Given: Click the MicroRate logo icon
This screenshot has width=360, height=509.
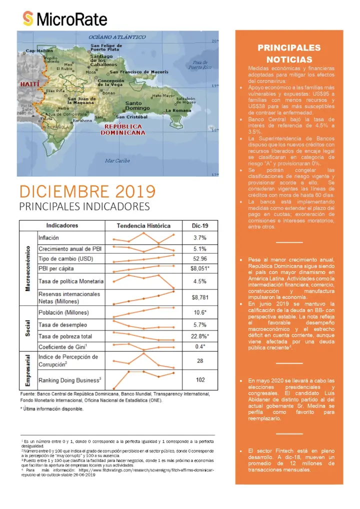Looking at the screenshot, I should (28, 19).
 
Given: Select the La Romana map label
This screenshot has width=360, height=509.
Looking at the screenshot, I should (178, 110).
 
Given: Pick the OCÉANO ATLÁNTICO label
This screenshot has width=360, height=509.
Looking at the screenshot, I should (117, 37).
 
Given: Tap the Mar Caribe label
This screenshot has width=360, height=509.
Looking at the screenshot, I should (117, 160).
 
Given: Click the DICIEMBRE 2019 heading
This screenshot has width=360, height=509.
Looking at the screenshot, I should (87, 191).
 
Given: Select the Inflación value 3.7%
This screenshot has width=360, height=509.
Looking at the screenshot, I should (200, 237).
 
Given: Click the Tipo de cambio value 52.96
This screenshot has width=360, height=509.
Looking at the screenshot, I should (200, 258).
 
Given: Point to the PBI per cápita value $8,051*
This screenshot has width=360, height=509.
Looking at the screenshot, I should (200, 268).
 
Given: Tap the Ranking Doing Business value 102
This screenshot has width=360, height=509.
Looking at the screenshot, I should (200, 379).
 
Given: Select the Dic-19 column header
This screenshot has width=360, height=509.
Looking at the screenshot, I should (200, 225).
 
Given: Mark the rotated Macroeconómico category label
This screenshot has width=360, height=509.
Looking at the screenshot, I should (28, 268).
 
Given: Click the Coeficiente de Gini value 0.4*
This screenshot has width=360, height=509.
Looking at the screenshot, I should (200, 346).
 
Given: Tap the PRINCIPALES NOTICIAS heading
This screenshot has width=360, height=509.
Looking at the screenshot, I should (289, 53).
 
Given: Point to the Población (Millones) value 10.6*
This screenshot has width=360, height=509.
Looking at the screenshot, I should (200, 313).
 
